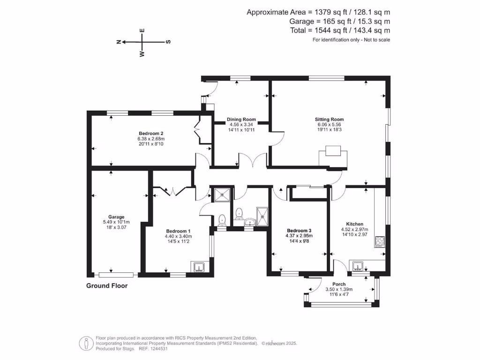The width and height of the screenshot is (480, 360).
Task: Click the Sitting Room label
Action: (329, 120)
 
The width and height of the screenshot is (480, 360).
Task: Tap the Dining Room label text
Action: (241, 120)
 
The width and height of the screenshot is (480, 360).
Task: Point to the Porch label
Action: (339, 285)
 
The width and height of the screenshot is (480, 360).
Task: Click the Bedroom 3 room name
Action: (299, 231)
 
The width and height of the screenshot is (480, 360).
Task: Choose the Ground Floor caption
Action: (107, 286)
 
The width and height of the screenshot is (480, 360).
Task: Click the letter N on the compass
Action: (119, 42)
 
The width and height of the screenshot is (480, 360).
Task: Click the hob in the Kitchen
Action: (380, 242)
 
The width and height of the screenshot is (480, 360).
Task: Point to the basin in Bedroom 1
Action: (199, 267)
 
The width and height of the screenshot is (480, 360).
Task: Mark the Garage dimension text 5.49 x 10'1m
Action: (116, 222)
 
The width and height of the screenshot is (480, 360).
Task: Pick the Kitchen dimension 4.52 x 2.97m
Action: (354, 230)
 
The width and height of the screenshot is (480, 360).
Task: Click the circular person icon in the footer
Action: (86, 343)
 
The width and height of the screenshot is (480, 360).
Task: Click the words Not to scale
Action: (376, 40)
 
